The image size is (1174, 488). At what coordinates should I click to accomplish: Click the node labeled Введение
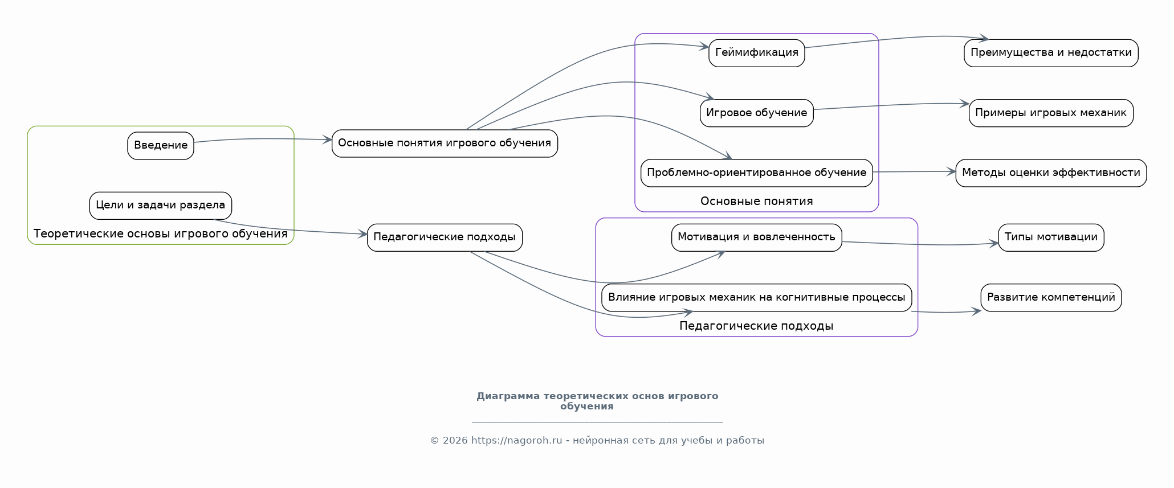pos(161,146)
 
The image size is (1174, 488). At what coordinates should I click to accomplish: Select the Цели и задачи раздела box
pos(161,206)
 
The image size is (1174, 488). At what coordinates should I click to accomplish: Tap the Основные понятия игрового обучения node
pos(445,143)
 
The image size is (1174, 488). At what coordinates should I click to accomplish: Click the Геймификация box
pos(756,53)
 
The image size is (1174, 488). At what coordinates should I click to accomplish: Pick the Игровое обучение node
pos(756,113)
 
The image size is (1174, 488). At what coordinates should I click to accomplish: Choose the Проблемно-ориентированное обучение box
pos(756,173)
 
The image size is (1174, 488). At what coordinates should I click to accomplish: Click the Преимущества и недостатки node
pos(1051,53)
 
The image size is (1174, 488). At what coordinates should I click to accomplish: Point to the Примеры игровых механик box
pos(1051,113)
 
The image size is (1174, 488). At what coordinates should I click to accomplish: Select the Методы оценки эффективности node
pos(1051,173)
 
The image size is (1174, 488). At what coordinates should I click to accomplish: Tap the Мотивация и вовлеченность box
pos(756,237)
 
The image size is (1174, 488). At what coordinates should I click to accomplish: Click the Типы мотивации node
pos(1051,237)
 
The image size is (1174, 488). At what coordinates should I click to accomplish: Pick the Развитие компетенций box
pos(1051,298)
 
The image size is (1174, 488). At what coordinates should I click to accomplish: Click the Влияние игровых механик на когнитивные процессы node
pos(756,298)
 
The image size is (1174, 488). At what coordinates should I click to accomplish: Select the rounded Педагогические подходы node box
pos(445,237)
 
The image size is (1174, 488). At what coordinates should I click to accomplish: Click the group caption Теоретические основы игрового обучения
pos(161,234)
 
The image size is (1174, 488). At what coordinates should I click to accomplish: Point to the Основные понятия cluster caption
pos(756,202)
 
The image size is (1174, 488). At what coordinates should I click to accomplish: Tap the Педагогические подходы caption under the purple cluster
pos(756,326)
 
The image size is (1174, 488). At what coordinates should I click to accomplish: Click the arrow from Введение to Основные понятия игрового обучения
pos(262,138)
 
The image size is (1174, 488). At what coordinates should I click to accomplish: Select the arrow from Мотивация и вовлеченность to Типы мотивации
pos(920,245)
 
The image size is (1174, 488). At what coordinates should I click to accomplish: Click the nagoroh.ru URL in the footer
pos(516,441)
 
